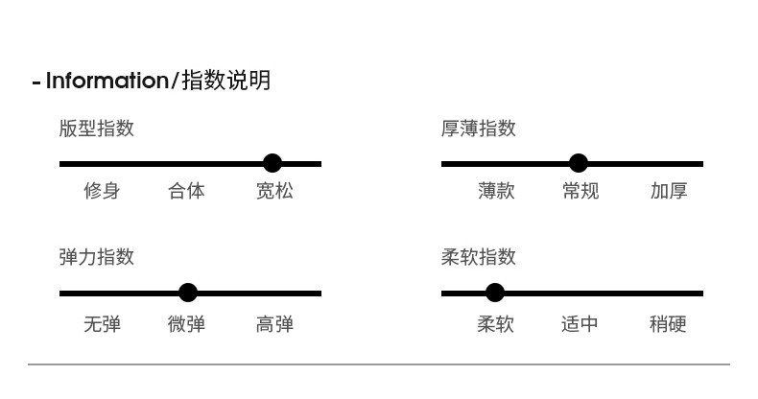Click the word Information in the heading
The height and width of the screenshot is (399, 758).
(x=107, y=81)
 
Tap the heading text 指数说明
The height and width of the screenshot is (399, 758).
(x=225, y=81)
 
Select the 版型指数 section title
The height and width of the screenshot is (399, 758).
(x=96, y=129)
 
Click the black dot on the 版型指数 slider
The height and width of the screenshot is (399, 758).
(x=272, y=163)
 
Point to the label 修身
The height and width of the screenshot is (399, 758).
(x=102, y=191)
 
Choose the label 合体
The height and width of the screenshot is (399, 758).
(x=186, y=191)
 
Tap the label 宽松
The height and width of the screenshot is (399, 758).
(x=274, y=191)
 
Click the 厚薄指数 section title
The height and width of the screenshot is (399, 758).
(x=479, y=129)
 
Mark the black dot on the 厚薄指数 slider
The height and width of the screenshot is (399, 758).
(x=578, y=163)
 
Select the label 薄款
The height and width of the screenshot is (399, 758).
(x=496, y=191)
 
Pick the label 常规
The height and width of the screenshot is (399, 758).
(x=580, y=191)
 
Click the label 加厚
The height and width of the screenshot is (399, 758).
(x=669, y=191)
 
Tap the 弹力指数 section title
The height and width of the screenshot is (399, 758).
(x=96, y=257)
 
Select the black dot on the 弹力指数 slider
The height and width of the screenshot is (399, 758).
(x=188, y=293)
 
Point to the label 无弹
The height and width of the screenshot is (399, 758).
(x=102, y=324)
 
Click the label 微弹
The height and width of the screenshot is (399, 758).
(x=186, y=324)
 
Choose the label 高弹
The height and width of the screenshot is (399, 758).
(x=274, y=324)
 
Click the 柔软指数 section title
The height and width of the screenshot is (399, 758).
(x=479, y=257)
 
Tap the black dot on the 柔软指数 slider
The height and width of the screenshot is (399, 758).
(x=494, y=293)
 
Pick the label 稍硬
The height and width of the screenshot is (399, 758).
(x=668, y=324)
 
